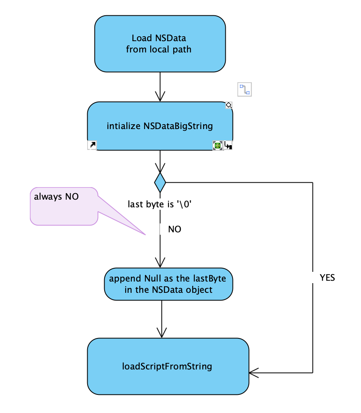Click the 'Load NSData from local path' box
click(160, 44)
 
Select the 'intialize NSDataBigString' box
click(160, 126)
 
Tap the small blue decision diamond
click(160, 182)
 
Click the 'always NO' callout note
click(64, 205)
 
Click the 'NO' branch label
click(174, 229)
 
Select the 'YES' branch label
click(327, 277)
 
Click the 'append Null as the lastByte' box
click(168, 284)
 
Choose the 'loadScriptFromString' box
click(167, 367)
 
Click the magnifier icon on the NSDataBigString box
click(229, 105)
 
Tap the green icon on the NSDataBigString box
click(218, 146)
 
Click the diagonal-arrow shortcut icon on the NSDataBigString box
click(92, 146)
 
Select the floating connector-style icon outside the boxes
click(244, 89)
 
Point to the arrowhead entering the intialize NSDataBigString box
click(160, 97)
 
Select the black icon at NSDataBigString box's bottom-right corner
click(228, 146)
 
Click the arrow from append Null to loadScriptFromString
click(162, 319)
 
